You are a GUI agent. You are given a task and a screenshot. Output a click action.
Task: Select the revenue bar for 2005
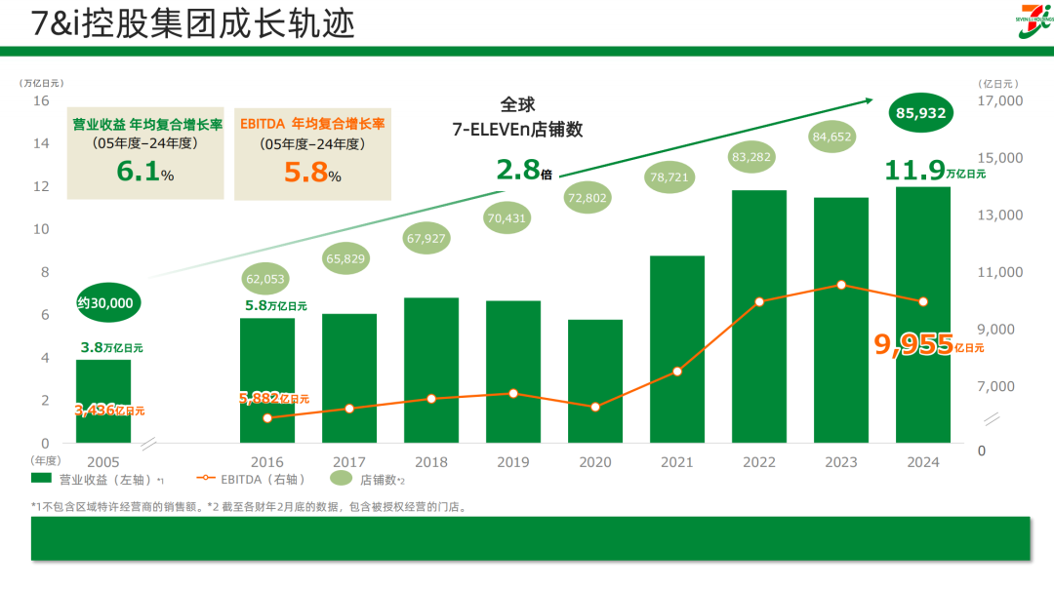pyautogui.click(x=103, y=401)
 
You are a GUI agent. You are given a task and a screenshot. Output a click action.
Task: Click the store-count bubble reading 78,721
pyautogui.click(x=676, y=177)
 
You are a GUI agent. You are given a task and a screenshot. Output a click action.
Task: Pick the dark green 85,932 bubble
pyautogui.click(x=918, y=113)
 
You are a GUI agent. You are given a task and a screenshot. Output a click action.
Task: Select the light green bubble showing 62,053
pyautogui.click(x=266, y=279)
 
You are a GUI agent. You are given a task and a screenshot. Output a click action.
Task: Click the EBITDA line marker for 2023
pyautogui.click(x=841, y=285)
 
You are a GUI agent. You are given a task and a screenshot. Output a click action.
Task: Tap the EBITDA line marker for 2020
pyautogui.click(x=595, y=407)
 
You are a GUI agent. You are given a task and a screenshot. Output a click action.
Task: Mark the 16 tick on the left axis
pyautogui.click(x=41, y=100)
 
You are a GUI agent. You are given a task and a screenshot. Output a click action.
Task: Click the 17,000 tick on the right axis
pyautogui.click(x=999, y=100)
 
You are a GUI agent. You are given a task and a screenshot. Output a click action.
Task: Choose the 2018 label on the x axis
pyautogui.click(x=431, y=462)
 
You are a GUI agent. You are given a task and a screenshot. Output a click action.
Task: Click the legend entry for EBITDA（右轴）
pyautogui.click(x=252, y=479)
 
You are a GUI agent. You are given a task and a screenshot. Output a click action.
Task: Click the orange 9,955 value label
pyautogui.click(x=913, y=344)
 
